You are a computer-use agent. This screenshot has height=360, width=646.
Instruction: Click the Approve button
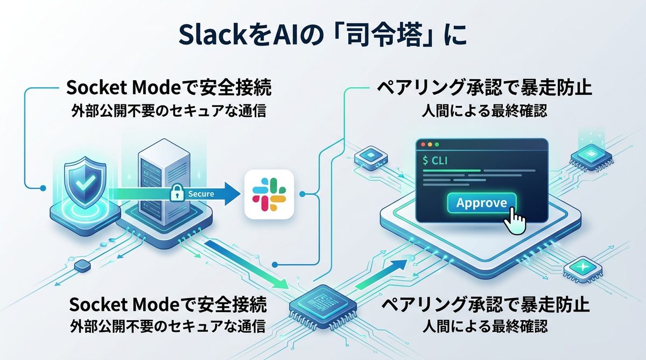tap(481, 203)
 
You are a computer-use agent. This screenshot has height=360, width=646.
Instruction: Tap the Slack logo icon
tap(269, 194)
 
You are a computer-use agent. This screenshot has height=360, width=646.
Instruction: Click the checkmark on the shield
tap(82, 184)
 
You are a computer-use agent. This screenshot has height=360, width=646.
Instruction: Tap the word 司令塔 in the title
tap(389, 38)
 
